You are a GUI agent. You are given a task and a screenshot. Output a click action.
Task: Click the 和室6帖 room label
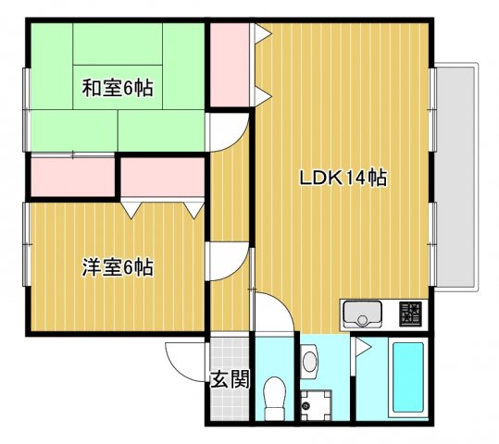[117, 89]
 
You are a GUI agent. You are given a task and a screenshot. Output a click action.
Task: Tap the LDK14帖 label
[342, 178]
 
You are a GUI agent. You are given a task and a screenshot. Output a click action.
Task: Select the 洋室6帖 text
[117, 268]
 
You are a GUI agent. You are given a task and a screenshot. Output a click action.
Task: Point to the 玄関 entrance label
[229, 379]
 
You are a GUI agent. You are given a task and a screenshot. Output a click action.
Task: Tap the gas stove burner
[410, 314]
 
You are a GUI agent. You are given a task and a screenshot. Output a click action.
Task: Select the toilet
[274, 396]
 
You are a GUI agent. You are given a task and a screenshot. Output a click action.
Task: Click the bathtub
[407, 379]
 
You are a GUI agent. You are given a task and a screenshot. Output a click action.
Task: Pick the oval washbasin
[310, 359]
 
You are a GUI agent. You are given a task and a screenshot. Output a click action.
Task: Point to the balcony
[457, 176]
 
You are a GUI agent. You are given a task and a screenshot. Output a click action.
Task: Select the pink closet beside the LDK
[229, 64]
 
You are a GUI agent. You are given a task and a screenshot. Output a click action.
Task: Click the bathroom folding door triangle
[362, 351]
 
